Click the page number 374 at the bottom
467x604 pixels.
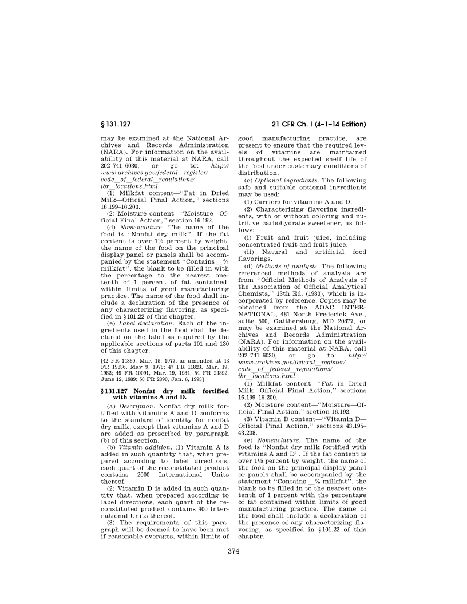[233, 551]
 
